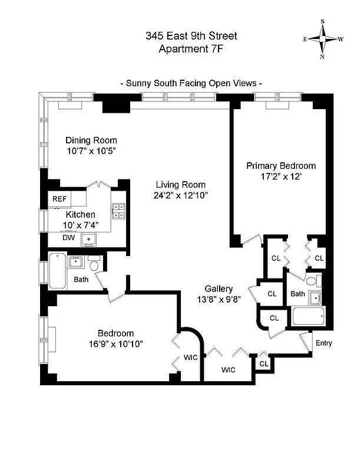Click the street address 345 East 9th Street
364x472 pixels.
click(x=191, y=37)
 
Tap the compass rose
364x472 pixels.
click(x=323, y=39)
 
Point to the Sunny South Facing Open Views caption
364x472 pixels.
click(x=191, y=83)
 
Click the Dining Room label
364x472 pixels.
click(x=91, y=140)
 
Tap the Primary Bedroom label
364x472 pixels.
click(x=281, y=166)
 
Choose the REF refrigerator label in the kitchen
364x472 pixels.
click(x=59, y=199)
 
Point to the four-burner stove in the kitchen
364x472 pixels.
click(x=118, y=211)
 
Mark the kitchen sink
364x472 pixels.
click(x=90, y=238)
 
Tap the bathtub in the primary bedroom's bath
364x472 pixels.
click(x=308, y=317)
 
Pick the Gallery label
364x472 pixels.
click(x=218, y=289)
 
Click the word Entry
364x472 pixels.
click(x=323, y=343)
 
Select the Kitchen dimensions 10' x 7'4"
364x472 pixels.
click(x=81, y=225)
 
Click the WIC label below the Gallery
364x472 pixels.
click(x=228, y=371)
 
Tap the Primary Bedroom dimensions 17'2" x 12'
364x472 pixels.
click(x=281, y=176)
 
